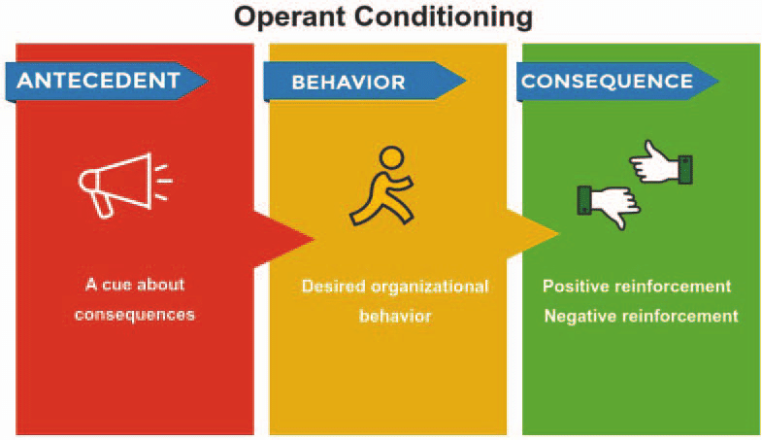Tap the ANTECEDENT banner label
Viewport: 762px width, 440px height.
click(99, 81)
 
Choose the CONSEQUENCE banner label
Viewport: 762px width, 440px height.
click(607, 82)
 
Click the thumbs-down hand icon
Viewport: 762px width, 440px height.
click(607, 202)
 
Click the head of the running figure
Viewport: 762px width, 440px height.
click(390, 157)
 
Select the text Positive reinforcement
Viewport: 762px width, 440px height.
click(637, 287)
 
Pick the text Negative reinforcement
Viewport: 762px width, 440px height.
click(641, 316)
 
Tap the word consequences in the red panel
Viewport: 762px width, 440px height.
click(134, 315)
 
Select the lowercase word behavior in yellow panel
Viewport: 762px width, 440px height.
click(394, 316)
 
